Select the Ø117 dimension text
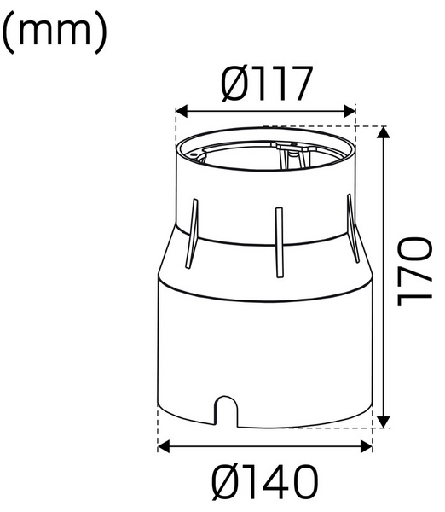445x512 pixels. (264, 84)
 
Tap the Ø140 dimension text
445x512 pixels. (265, 482)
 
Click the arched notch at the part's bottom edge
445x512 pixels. (226, 408)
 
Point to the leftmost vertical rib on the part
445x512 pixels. (194, 232)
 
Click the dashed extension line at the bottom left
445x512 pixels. (159, 431)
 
